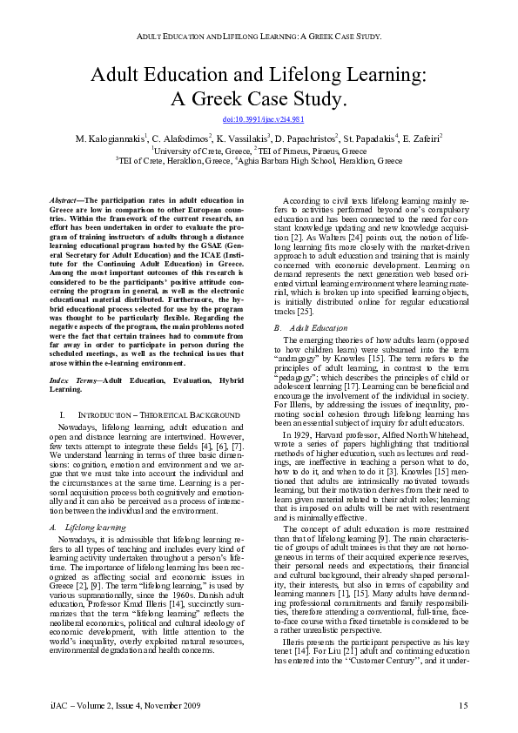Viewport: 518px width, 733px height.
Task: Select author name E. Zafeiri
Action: [422, 138]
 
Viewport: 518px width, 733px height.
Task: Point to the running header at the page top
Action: [259, 37]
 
